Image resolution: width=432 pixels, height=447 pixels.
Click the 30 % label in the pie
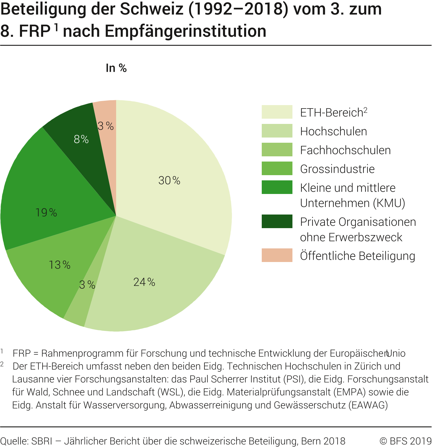169,181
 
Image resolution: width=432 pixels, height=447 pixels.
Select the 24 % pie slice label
144,282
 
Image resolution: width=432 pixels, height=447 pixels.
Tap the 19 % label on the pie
46,213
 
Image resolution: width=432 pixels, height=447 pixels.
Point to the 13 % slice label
59,265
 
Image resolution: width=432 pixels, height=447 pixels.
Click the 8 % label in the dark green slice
81,139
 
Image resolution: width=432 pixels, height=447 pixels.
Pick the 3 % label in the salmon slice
106,126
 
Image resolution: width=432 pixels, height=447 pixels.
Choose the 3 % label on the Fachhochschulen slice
87,285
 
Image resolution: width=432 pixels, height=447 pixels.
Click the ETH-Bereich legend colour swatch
277,112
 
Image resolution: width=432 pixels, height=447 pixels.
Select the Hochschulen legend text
334,131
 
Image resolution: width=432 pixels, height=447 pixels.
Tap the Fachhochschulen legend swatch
277,150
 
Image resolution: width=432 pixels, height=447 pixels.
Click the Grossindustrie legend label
337,169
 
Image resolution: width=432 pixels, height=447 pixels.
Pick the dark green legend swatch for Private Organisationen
277,221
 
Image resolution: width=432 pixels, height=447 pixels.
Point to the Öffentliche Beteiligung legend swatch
277,255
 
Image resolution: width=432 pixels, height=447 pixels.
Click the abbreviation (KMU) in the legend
389,203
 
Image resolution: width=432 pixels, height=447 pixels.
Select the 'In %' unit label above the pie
116,68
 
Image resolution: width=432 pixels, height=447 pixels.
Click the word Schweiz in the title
152,9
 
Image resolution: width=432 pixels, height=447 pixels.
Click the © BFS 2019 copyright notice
405,441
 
